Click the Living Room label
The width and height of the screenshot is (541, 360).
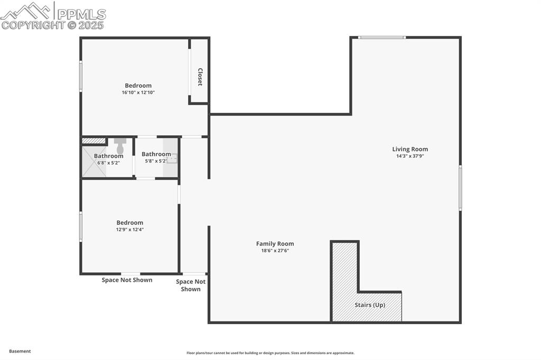tap(410, 149)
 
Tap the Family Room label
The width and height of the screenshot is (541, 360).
tap(275, 244)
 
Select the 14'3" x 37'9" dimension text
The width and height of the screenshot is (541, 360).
tap(410, 156)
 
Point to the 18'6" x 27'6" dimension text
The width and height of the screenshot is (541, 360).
tap(275, 251)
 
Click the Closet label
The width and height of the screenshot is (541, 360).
tap(200, 77)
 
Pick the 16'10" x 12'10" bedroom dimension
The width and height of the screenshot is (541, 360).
tap(138, 92)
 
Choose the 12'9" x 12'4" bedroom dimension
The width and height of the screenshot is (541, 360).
tap(129, 230)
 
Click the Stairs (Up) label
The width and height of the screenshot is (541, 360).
tap(369, 305)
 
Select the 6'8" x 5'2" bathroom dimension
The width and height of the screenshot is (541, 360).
tap(108, 163)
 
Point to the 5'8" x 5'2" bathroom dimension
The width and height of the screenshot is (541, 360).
tap(156, 161)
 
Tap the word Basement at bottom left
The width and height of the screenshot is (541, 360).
tap(20, 351)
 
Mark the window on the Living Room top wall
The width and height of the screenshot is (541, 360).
tap(381, 37)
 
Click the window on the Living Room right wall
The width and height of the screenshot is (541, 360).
tap(460, 188)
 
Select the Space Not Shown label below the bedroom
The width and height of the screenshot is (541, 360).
tap(127, 280)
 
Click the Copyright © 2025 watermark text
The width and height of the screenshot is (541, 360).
tap(53, 25)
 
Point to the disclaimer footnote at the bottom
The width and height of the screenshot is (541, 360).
tap(270, 353)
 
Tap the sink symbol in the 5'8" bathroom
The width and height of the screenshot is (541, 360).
tap(172, 157)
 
